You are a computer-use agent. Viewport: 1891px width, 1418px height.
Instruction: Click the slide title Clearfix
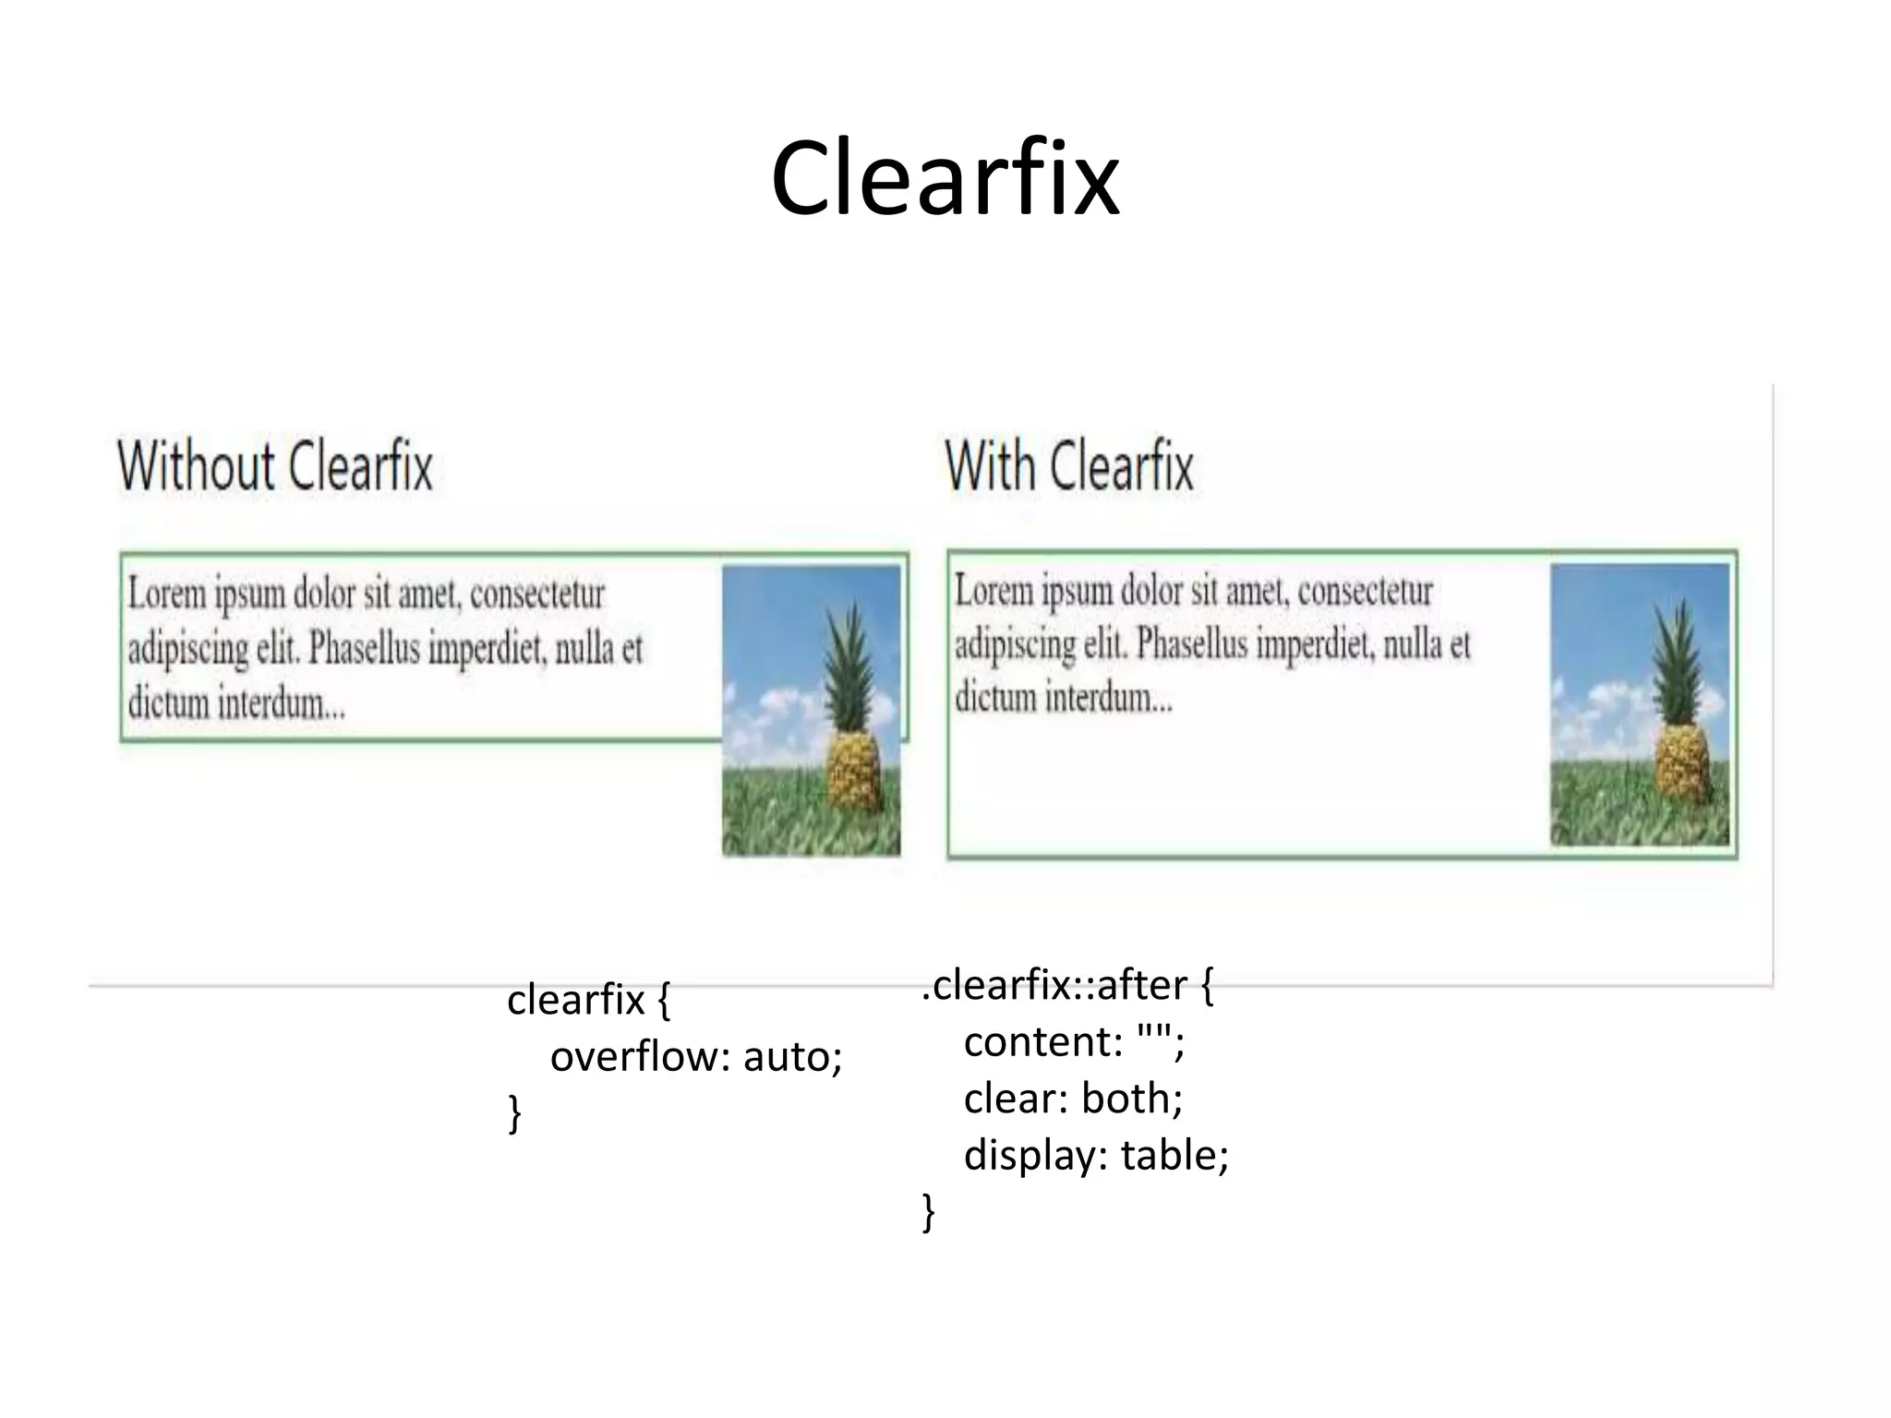[x=945, y=178]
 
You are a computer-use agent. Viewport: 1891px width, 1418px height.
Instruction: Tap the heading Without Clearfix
[x=275, y=466]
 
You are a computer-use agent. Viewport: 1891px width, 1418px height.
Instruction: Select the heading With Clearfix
[x=1069, y=466]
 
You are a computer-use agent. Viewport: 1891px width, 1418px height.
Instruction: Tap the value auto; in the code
[x=792, y=1056]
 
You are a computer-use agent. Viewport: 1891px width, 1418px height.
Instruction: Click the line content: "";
[x=1074, y=1042]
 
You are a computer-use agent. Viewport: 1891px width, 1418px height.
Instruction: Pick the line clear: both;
[x=1073, y=1099]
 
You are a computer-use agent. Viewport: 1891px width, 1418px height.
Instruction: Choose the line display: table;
[x=1096, y=1155]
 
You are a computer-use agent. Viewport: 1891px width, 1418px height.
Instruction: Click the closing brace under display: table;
[x=929, y=1211]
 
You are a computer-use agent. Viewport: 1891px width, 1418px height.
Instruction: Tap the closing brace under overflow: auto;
[x=515, y=1112]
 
